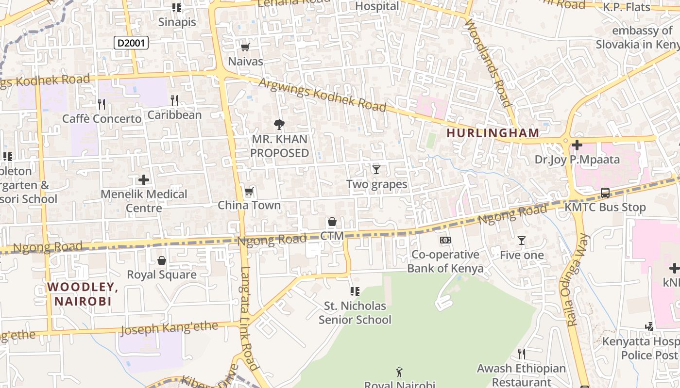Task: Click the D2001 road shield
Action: tap(131, 43)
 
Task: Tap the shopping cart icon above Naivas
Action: tap(245, 47)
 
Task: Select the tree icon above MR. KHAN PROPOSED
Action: tap(279, 125)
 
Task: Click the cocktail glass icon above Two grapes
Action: tap(376, 169)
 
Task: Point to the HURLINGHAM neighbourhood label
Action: tap(493, 133)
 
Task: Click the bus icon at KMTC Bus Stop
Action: tap(605, 193)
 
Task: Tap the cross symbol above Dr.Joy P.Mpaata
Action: tap(577, 145)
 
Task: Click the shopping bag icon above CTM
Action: tap(332, 222)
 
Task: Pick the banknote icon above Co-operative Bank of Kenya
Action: tap(445, 240)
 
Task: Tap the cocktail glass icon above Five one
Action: tap(522, 240)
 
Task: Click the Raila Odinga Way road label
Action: tap(578, 280)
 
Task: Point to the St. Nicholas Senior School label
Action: tap(355, 313)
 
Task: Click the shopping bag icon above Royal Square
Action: tap(162, 260)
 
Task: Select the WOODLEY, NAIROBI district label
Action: tap(83, 294)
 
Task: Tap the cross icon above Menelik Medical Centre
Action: tap(144, 180)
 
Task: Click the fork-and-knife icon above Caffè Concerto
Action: tap(101, 104)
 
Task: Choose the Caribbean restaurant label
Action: tap(174, 115)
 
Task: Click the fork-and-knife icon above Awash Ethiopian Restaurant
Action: tap(522, 354)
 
